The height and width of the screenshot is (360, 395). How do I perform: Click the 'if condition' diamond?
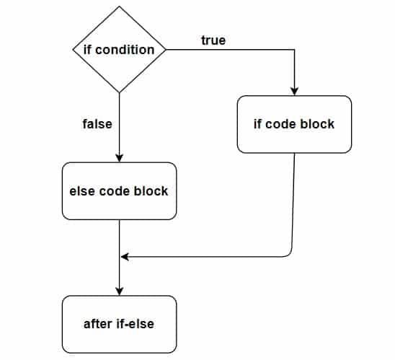click(x=119, y=50)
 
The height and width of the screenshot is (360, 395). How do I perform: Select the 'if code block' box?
click(x=294, y=124)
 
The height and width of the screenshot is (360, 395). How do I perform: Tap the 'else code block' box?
click(x=119, y=191)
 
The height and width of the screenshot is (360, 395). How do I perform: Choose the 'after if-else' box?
click(x=119, y=323)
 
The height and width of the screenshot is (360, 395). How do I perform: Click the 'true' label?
click(x=213, y=40)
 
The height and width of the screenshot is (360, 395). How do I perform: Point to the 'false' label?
click(x=97, y=123)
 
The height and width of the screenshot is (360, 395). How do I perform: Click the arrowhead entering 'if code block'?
click(x=295, y=92)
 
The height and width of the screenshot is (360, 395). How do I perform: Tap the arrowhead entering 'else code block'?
click(x=120, y=159)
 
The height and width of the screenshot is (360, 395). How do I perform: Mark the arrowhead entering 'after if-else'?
click(x=120, y=291)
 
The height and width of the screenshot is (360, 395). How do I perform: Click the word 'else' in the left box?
click(x=81, y=191)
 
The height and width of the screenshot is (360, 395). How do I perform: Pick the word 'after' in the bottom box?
click(x=99, y=323)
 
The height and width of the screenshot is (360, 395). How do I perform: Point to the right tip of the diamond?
click(x=166, y=50)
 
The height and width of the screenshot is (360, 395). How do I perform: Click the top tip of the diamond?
click(x=119, y=6)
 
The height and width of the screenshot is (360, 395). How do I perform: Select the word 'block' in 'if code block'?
click(x=318, y=124)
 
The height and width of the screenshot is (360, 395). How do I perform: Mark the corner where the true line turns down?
click(x=295, y=50)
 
